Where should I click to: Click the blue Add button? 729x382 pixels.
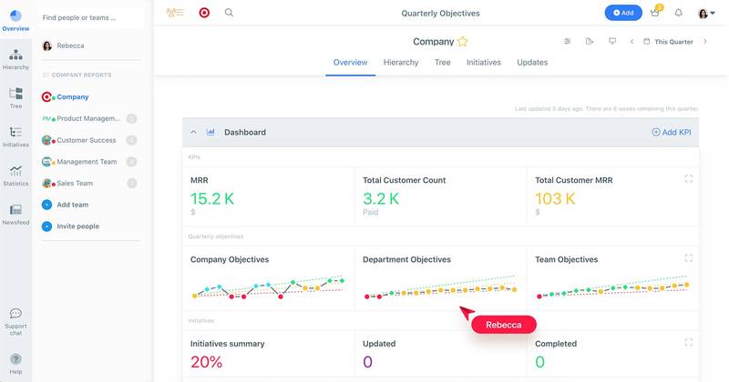(x=623, y=13)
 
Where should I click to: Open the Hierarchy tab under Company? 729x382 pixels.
(x=401, y=63)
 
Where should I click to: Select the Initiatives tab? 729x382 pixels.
(x=483, y=63)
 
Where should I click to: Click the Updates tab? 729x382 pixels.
(x=532, y=63)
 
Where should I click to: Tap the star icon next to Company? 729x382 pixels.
(x=463, y=42)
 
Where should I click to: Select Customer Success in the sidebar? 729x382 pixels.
(x=86, y=140)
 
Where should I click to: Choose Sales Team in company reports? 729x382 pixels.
(x=76, y=183)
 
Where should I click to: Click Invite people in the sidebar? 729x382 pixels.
(x=77, y=226)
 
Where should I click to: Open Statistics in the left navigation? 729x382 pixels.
(x=15, y=175)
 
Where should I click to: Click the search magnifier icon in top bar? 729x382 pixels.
(x=229, y=13)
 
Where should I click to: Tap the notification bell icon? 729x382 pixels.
(x=678, y=13)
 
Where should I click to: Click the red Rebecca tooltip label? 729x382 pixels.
(x=503, y=325)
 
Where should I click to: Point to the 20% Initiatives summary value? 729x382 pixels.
(x=207, y=362)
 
